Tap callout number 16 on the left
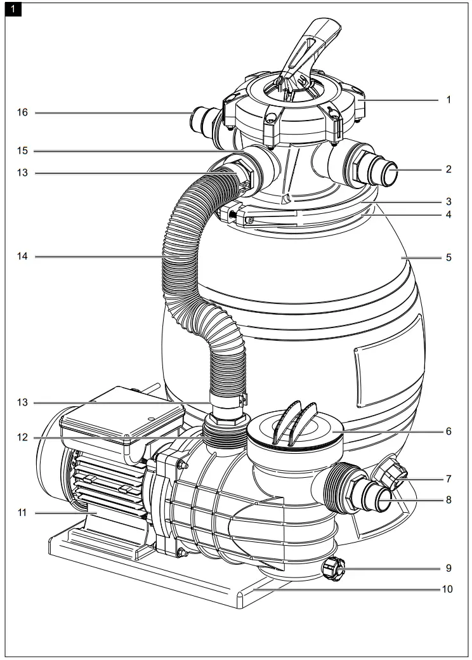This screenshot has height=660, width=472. coord(22,113)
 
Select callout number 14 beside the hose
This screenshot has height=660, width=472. coord(22,256)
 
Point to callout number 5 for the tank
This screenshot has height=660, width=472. coord(448,258)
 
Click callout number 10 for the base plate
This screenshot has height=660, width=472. coord(448,588)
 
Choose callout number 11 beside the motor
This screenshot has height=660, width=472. coord(22,512)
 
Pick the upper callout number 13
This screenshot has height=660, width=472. coord(22,172)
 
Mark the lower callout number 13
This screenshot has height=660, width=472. coord(22,402)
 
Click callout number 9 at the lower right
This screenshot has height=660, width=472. coord(448,568)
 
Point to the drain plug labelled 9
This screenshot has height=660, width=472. coord(334,569)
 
